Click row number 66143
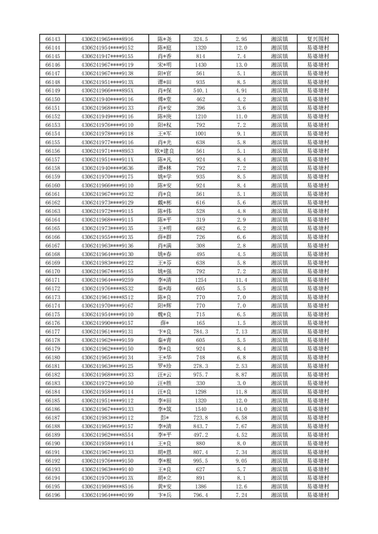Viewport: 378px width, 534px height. tap(52, 39)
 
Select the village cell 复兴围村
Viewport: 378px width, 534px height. tap(318, 39)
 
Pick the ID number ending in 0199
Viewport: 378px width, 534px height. tap(107, 495)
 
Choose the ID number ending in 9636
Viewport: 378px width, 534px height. tap(107, 168)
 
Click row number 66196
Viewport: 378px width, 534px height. tap(52, 495)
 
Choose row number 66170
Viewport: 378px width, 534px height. tap(52, 271)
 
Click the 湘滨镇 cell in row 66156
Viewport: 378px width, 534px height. tap(279, 151)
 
